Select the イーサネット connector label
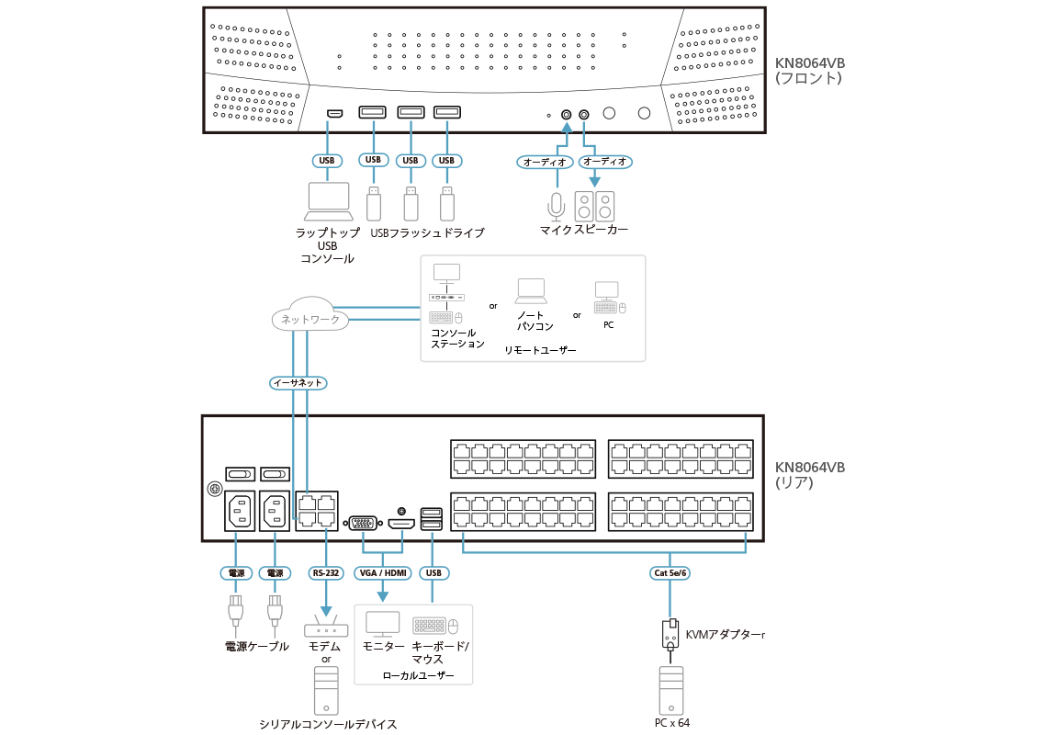299,382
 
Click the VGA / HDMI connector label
382,573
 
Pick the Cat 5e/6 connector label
670,573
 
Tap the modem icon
326,628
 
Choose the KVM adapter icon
671,633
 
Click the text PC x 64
671,723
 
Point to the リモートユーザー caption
540,351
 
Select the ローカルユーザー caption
418,675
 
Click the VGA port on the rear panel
363,524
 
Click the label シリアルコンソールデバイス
328,725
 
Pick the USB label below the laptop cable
326,160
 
